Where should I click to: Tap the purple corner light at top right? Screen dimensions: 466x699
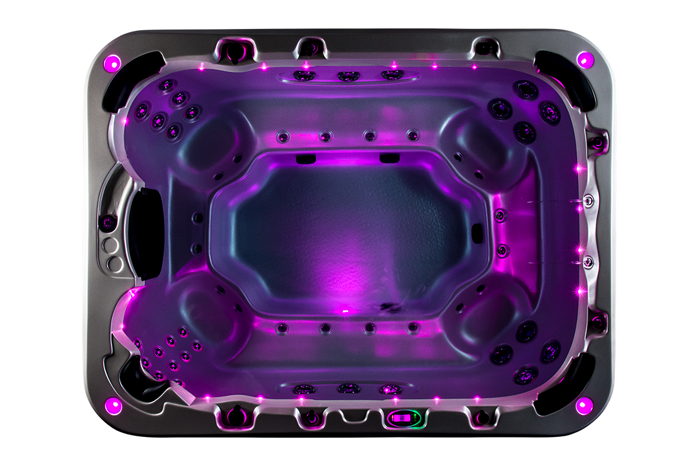coord(585,59)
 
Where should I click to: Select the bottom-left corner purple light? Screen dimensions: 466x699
coord(113,406)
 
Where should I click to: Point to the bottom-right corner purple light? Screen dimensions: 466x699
coord(584,405)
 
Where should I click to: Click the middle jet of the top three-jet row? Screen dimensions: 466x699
coord(348,76)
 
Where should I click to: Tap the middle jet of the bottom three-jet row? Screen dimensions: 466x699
coord(348,388)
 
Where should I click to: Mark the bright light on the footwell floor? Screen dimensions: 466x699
coord(342,309)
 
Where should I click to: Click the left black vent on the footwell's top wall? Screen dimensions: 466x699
coord(305,158)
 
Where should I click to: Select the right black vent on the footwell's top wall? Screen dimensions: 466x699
coord(389,158)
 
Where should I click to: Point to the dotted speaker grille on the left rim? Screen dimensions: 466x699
coord(108,223)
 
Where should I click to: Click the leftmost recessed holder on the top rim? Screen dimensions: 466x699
coord(235,50)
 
